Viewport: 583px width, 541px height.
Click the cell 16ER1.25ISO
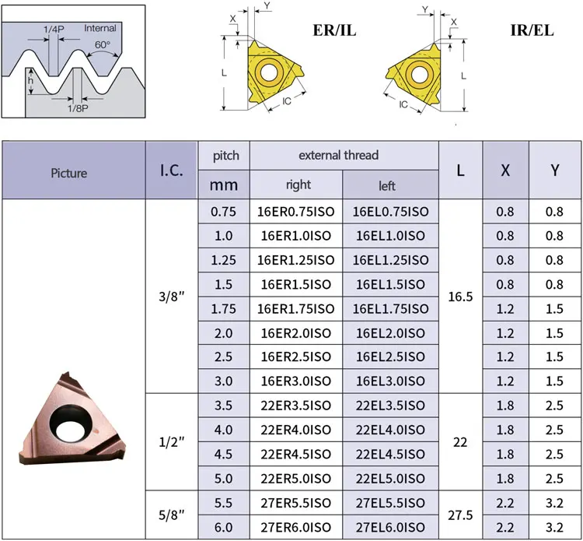click(296, 260)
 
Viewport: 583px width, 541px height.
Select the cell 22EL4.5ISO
click(390, 455)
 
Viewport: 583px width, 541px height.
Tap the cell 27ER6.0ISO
click(296, 527)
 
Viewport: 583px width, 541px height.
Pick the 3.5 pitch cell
click(223, 406)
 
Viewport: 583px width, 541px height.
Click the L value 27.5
click(460, 515)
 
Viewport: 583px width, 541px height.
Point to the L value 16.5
click(460, 297)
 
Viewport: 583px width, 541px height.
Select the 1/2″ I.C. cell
click(172, 442)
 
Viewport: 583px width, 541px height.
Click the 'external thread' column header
click(339, 155)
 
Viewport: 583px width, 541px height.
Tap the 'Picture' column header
click(69, 173)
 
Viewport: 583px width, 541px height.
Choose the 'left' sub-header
click(387, 185)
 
